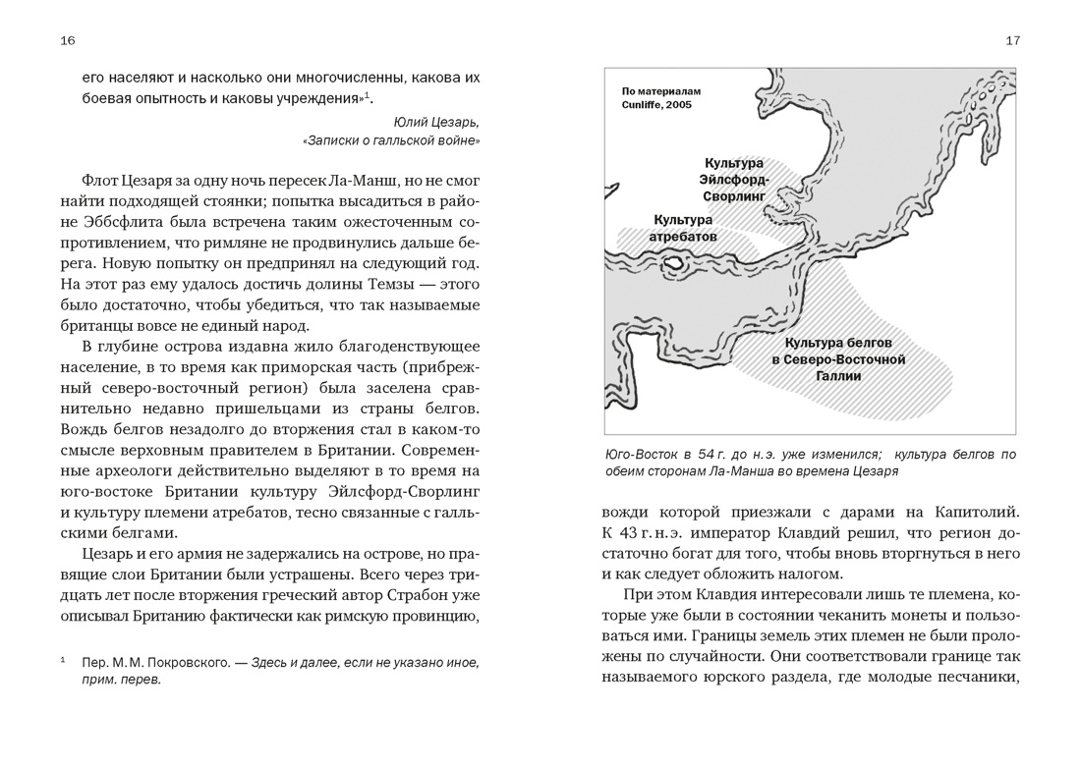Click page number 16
click(x=68, y=40)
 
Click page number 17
click(x=1013, y=40)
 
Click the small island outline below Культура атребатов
click(x=675, y=263)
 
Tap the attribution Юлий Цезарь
click(x=436, y=123)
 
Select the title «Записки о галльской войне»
click(x=392, y=141)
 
